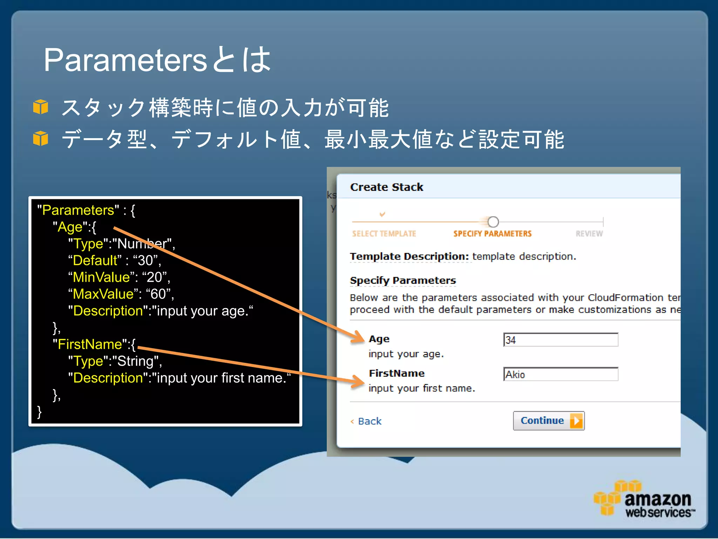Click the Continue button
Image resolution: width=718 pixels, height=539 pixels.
click(548, 420)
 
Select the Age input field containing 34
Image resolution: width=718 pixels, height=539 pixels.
click(560, 340)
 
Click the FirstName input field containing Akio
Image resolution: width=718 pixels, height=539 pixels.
click(560, 374)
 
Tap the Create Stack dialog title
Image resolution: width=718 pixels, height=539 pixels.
click(386, 187)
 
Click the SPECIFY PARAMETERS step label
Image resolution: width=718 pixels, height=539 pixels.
click(492, 234)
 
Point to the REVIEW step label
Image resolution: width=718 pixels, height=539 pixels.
click(589, 234)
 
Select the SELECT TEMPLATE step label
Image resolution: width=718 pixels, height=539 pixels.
click(384, 234)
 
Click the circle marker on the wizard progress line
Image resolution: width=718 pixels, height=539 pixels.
click(493, 222)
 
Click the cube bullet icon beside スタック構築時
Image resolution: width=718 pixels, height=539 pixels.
click(41, 107)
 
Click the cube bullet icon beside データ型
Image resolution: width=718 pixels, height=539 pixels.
click(41, 138)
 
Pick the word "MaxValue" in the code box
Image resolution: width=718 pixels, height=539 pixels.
click(103, 294)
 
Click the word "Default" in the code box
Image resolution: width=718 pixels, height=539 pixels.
click(95, 260)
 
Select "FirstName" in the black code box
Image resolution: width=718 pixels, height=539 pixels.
click(90, 344)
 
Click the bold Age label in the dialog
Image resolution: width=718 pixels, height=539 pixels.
click(379, 339)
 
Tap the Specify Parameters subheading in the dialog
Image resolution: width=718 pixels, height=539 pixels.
click(402, 280)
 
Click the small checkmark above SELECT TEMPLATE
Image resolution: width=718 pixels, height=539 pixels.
click(382, 214)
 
